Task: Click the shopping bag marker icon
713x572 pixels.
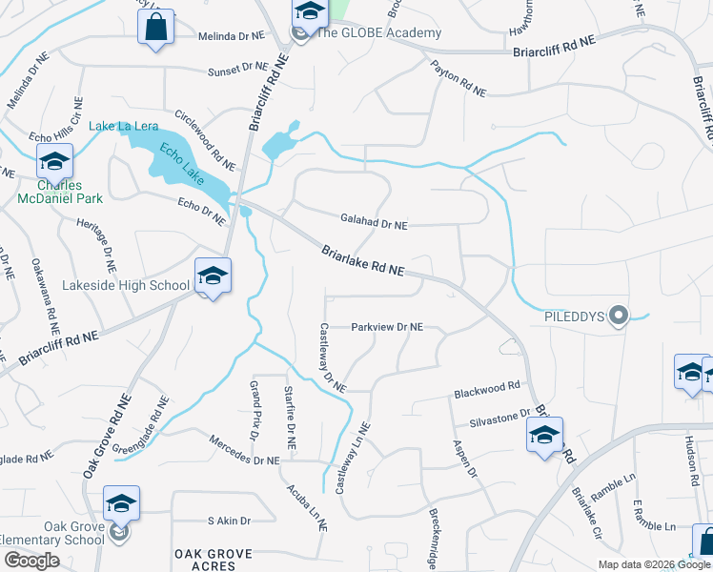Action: (156, 27)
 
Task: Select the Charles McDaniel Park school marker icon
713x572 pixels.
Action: (55, 162)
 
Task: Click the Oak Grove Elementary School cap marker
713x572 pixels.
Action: (122, 504)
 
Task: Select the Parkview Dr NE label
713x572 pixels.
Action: (387, 327)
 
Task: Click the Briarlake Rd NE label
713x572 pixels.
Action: (362, 262)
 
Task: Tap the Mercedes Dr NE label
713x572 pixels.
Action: (244, 450)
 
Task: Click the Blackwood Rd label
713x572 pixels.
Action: (487, 388)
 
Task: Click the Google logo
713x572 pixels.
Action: (31, 560)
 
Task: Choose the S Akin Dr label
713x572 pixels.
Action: (229, 521)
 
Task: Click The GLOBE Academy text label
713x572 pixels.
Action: (378, 33)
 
